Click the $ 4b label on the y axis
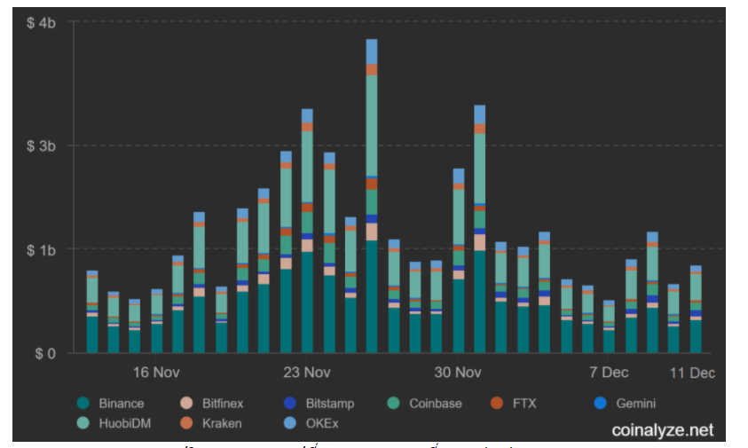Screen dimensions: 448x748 click(x=41, y=22)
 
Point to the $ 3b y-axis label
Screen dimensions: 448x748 click(x=41, y=145)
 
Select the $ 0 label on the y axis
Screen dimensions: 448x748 click(x=43, y=353)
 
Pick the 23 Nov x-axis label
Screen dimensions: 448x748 click(x=307, y=373)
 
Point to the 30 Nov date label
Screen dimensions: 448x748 click(x=457, y=373)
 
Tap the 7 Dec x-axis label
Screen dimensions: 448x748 click(x=609, y=373)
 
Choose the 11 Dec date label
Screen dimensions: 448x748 click(x=691, y=373)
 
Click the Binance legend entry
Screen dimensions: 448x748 click(x=122, y=404)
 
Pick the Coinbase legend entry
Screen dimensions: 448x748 click(x=435, y=404)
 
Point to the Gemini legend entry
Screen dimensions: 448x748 click(x=635, y=404)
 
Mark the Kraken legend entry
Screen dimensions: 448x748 click(x=222, y=423)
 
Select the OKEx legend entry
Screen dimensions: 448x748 click(x=322, y=423)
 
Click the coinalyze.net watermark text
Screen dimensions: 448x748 click(x=662, y=430)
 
